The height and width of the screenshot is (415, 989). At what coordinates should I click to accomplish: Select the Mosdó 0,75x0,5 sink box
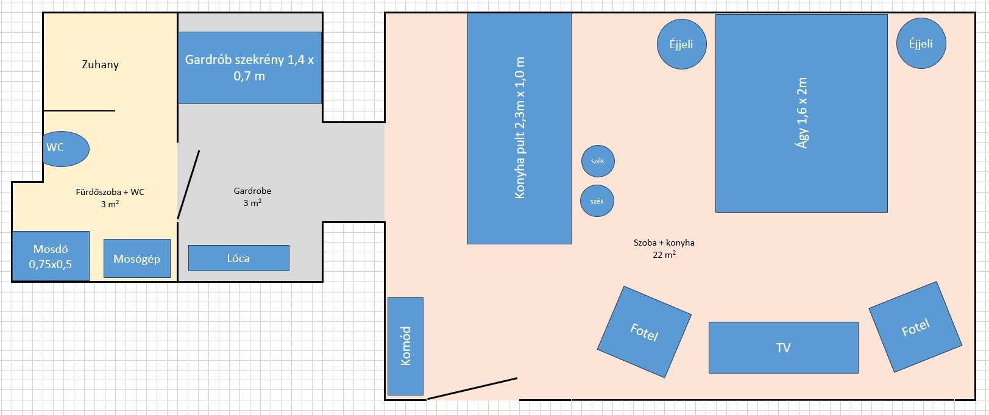pyautogui.click(x=51, y=256)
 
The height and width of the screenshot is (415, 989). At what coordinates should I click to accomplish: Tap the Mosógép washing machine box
pyautogui.click(x=137, y=258)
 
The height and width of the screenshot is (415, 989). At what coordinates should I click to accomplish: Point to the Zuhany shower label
pyautogui.click(x=100, y=65)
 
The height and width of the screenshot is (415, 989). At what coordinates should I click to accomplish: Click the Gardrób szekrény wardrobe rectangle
pyautogui.click(x=249, y=68)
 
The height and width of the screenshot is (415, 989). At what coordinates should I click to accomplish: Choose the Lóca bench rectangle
pyautogui.click(x=239, y=258)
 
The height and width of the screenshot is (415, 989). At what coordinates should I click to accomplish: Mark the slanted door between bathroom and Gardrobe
pyautogui.click(x=188, y=185)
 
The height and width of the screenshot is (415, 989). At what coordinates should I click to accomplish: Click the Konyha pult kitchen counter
pyautogui.click(x=519, y=128)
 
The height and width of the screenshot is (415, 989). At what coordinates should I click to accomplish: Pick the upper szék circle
pyautogui.click(x=598, y=161)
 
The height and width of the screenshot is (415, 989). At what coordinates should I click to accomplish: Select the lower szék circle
pyautogui.click(x=597, y=201)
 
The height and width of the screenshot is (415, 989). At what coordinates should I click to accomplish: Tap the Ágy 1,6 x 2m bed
pyautogui.click(x=801, y=113)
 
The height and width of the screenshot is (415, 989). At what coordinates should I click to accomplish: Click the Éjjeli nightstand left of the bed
pyautogui.click(x=682, y=44)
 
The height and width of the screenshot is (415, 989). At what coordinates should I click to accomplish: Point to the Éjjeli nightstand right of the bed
pyautogui.click(x=921, y=43)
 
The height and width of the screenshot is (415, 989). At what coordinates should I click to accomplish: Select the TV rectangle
pyautogui.click(x=783, y=347)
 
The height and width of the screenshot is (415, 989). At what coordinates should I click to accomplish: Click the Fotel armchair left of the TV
pyautogui.click(x=644, y=332)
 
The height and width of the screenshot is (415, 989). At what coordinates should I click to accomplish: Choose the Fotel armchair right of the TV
pyautogui.click(x=915, y=327)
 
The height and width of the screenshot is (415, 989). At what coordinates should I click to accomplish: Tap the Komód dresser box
pyautogui.click(x=405, y=346)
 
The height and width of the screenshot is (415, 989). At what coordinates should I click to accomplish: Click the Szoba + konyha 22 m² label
pyautogui.click(x=664, y=248)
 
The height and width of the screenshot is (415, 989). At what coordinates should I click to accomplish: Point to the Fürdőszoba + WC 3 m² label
pyautogui.click(x=110, y=198)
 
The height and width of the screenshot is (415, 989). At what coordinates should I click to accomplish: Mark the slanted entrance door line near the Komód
pyautogui.click(x=472, y=389)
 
